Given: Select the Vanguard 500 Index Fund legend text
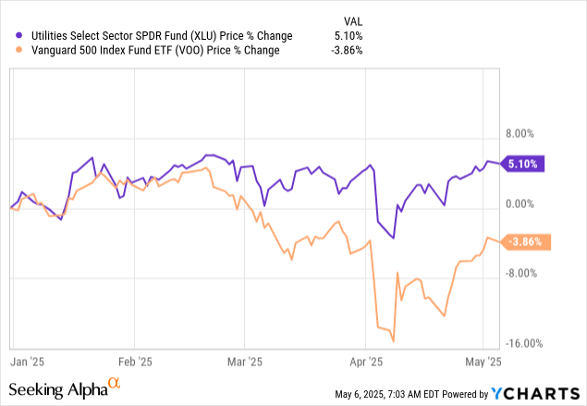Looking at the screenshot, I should click(155, 51).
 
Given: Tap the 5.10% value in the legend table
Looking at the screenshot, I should click(349, 36).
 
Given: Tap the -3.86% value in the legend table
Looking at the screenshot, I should click(347, 51).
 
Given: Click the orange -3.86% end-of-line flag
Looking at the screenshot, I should click(525, 242).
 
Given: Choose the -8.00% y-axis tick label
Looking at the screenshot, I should click(522, 274).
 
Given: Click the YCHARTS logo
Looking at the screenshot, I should click(536, 392).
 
